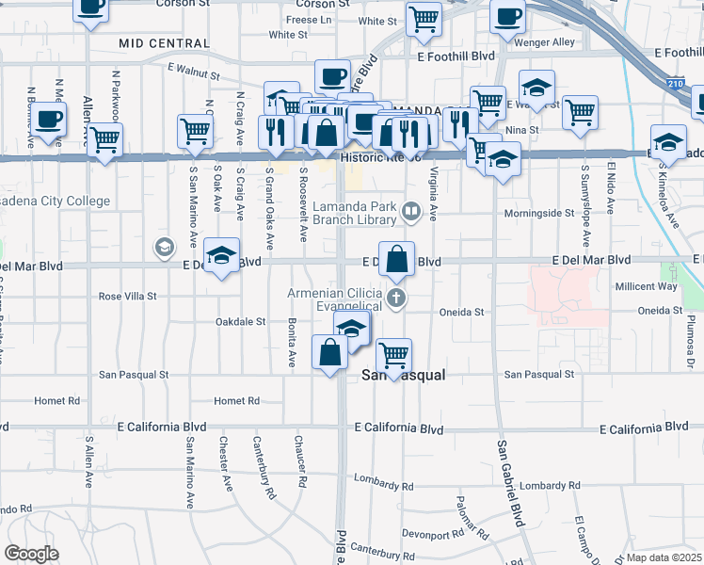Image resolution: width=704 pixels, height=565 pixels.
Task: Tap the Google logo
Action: pos(31,554)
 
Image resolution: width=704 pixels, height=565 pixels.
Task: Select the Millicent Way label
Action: pos(646,286)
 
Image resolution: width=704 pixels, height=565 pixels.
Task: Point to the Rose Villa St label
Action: pos(127,297)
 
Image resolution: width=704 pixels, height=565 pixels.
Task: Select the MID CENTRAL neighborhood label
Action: pos(165,43)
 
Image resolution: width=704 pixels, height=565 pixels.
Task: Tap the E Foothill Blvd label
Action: pos(456,56)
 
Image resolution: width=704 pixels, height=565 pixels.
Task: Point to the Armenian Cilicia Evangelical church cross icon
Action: pos(396,300)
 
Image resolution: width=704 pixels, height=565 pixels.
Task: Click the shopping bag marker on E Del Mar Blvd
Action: pos(396,258)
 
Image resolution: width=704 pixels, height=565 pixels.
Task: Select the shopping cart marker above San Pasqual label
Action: pos(393,355)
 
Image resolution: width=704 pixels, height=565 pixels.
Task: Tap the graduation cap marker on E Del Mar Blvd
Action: pos(222,255)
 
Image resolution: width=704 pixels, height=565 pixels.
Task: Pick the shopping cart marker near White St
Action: pos(424,17)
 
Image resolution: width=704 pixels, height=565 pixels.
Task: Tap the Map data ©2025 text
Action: pos(664,557)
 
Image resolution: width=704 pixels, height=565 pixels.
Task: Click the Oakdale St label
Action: pos(241,322)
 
